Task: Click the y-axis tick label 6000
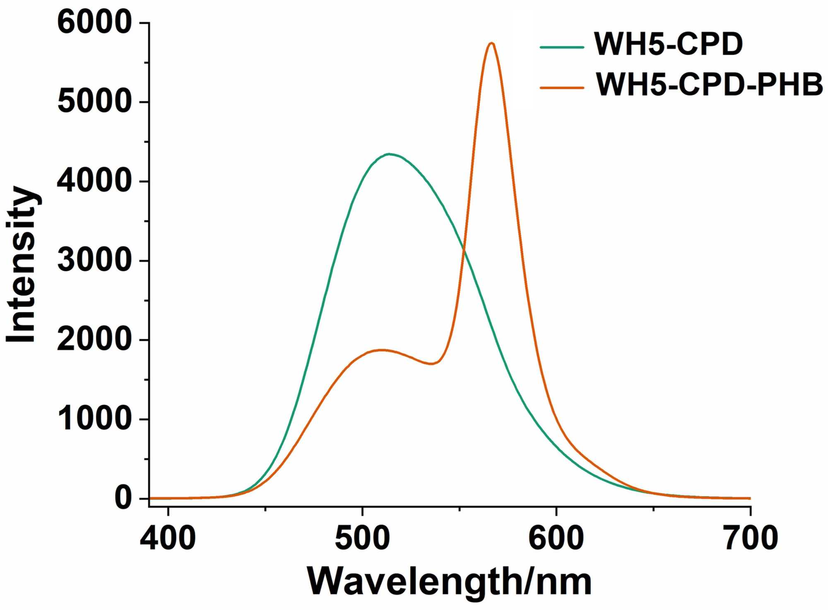94,22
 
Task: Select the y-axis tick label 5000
94,102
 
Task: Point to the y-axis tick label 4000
94,181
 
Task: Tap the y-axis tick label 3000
94,260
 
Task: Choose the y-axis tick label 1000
94,419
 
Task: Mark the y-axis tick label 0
123,498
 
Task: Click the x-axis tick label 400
168,538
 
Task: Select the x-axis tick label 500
362,538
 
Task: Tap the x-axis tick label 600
556,538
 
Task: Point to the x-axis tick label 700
751,538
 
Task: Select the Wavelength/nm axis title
449,582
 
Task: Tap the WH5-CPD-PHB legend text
709,84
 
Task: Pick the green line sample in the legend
562,47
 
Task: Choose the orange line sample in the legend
562,88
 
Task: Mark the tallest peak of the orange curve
491,43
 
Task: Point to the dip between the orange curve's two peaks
432,364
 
